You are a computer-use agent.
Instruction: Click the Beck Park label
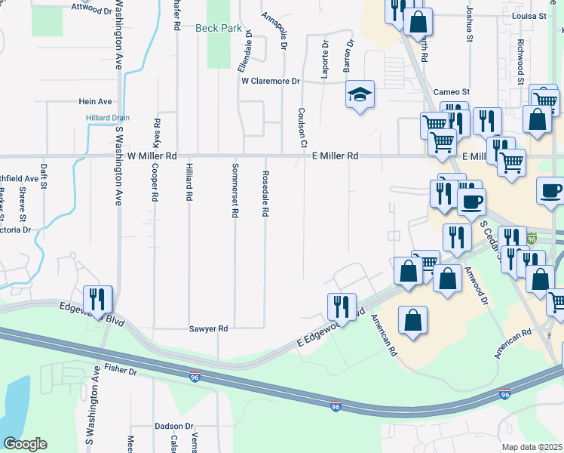tap(219, 28)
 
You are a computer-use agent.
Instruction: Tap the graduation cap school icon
tap(360, 95)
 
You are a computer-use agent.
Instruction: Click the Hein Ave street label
tap(95, 101)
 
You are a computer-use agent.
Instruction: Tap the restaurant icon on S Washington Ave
tap(98, 299)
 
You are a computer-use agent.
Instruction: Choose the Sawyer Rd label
tap(207, 329)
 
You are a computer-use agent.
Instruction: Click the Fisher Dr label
tap(121, 371)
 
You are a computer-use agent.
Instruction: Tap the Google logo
tap(25, 444)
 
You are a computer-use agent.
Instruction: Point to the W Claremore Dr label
tap(271, 81)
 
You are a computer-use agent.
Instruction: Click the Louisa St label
tap(528, 15)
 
